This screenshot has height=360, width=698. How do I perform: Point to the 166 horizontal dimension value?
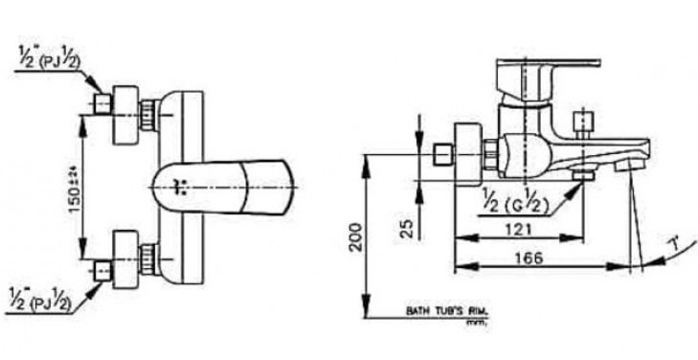coord(542,256)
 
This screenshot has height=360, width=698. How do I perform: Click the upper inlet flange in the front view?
coord(125,116)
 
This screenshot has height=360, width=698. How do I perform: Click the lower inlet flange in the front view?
coord(125,259)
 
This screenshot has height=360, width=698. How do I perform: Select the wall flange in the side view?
coord(468,152)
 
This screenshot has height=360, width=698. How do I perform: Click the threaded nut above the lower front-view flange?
coord(149,257)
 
